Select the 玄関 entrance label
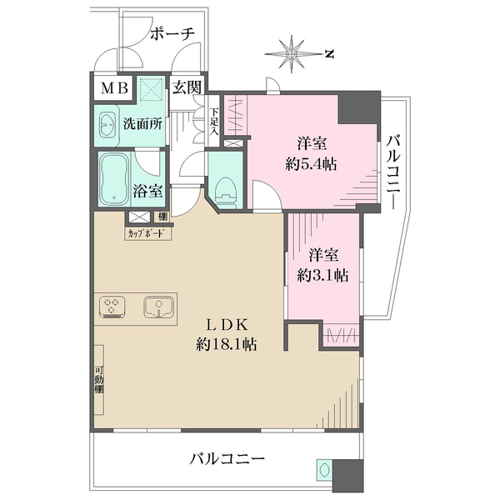coord(187,86)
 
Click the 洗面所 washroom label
coord(142,123)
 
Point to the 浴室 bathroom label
coord(148,190)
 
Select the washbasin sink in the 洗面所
coord(108,124)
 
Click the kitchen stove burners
coord(112,307)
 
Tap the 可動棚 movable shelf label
coord(98,380)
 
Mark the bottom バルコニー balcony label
coord(227,458)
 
